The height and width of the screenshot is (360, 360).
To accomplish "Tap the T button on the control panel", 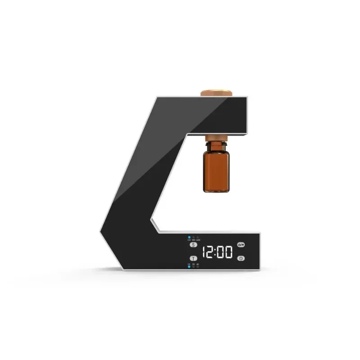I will point(193,258).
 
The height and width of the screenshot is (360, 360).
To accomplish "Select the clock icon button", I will point(241,258).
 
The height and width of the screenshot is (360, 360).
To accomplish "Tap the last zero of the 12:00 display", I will point(229,252).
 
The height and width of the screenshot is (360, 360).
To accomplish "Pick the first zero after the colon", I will point(222,252).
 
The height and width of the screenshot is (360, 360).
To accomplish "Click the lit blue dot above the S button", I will point(189,237).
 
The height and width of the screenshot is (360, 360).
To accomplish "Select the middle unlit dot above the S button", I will point(193,237).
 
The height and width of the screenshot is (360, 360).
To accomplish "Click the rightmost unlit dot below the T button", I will point(197,266).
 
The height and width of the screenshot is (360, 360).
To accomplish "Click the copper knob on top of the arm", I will point(217,93).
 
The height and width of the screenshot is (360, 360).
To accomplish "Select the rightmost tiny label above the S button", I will point(198,240).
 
